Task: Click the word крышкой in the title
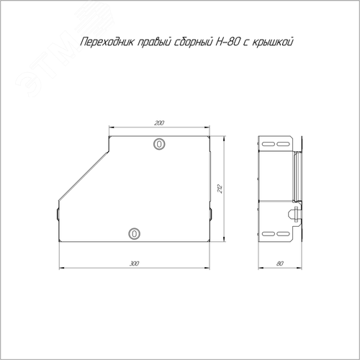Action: pos(273,42)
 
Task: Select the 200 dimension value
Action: pos(159,123)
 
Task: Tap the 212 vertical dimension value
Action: pos(220,189)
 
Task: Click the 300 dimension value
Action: pos(135,264)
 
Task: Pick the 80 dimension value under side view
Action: pos(280,264)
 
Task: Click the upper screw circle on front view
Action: pos(159,144)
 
